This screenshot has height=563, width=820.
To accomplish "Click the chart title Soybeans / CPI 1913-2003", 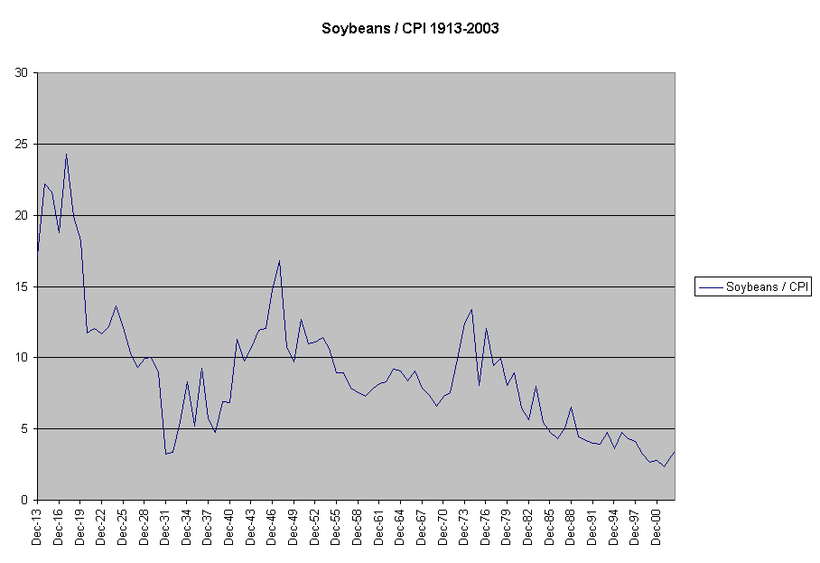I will point(410,28).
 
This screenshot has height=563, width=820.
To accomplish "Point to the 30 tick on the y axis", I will point(21,73).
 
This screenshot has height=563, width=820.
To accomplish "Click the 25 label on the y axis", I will point(21,145).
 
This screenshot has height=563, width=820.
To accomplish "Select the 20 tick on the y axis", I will point(21,216).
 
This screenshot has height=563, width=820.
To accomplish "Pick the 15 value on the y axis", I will point(21,287).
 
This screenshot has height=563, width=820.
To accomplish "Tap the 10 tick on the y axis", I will point(21,358).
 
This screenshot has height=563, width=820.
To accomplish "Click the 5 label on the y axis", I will point(24,429).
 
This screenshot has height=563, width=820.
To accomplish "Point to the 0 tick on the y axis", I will point(24,501).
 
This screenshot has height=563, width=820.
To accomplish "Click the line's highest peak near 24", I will point(66,154).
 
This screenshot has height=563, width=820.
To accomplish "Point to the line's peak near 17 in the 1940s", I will point(280,260).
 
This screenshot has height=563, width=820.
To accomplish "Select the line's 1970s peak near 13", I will point(471,309).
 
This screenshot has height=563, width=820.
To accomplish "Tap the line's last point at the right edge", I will point(674,452).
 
